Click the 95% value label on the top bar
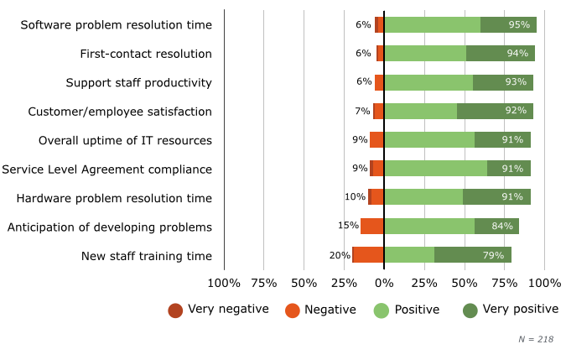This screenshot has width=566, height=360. coord(519,25)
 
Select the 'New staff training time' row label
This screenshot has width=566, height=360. coord(147,256)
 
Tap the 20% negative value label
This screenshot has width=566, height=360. coord(340,256)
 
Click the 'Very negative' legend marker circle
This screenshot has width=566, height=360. coord(175,310)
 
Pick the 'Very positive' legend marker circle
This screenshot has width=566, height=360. coord(470,310)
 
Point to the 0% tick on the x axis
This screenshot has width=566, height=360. coord(384,284)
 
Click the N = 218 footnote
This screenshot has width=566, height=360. coord(536,339)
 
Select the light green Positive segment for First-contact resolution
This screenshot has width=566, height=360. coord(425,54)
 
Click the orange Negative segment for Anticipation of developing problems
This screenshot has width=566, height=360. coord(372,227)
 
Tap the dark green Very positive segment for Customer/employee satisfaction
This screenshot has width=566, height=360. coord(495,112)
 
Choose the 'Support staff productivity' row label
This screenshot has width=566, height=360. coord(139,83)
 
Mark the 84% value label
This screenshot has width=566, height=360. coord(502,227)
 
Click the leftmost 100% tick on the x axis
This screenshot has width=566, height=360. coord(224,284)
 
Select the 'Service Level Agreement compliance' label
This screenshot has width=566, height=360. coord(106,170)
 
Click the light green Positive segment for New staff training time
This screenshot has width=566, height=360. coord(409,256)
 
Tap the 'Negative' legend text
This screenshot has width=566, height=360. coord(330,310)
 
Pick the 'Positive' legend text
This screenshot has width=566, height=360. coord(417,310)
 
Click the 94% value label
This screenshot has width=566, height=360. coord(517,54)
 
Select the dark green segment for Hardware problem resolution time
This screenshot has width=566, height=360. coord(496,198)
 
